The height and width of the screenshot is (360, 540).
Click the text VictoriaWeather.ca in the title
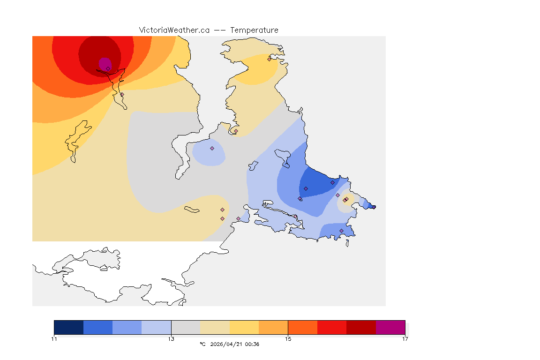174,30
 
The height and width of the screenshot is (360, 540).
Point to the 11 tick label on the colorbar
54,339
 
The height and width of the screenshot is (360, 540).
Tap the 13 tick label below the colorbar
171,339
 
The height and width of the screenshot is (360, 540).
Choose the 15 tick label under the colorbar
288,339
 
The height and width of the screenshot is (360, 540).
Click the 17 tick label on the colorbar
405,339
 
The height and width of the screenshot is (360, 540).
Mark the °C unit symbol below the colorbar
202,345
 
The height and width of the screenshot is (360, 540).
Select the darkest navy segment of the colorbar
68,327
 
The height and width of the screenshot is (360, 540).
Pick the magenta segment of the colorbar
390,327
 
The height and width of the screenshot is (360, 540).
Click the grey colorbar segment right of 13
186,327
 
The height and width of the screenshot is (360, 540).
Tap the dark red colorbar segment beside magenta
361,327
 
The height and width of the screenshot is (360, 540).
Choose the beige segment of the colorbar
215,327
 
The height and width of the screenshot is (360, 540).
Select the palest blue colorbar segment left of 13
156,327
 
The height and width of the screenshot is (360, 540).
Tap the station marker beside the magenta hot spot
108,68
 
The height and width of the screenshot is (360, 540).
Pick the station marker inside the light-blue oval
212,148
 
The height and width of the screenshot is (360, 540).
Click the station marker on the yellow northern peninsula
269,59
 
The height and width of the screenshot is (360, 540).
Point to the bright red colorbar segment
332,327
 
